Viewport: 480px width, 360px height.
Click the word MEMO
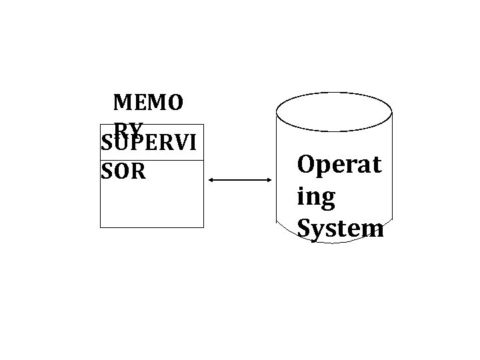tap(147, 103)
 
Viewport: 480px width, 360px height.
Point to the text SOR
tap(123, 172)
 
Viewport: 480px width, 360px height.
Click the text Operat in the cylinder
tap(340, 164)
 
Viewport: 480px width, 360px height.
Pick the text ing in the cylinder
tap(317, 198)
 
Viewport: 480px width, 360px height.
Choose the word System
tap(340, 229)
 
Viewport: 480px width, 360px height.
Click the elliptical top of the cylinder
tap(333, 111)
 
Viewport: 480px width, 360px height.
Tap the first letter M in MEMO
tap(122, 103)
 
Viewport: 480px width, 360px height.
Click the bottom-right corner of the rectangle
tap(203, 227)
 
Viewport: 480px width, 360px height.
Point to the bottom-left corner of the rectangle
tap(101, 227)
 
